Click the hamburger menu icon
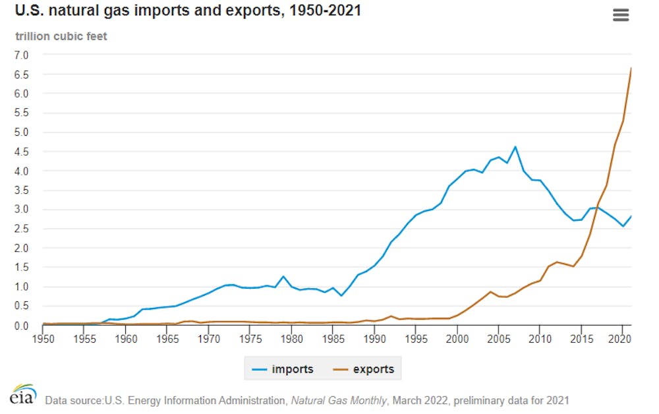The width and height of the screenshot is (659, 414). click(x=621, y=15)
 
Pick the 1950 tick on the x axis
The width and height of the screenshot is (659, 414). click(x=43, y=339)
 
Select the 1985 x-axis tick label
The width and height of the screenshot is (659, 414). click(x=332, y=339)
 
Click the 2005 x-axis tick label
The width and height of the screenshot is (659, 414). click(x=498, y=339)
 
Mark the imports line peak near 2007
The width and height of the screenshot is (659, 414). click(x=515, y=147)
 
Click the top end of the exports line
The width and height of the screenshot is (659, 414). click(x=631, y=68)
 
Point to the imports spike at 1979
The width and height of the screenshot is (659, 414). click(x=283, y=276)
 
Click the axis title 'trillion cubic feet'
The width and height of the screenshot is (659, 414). click(x=61, y=37)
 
